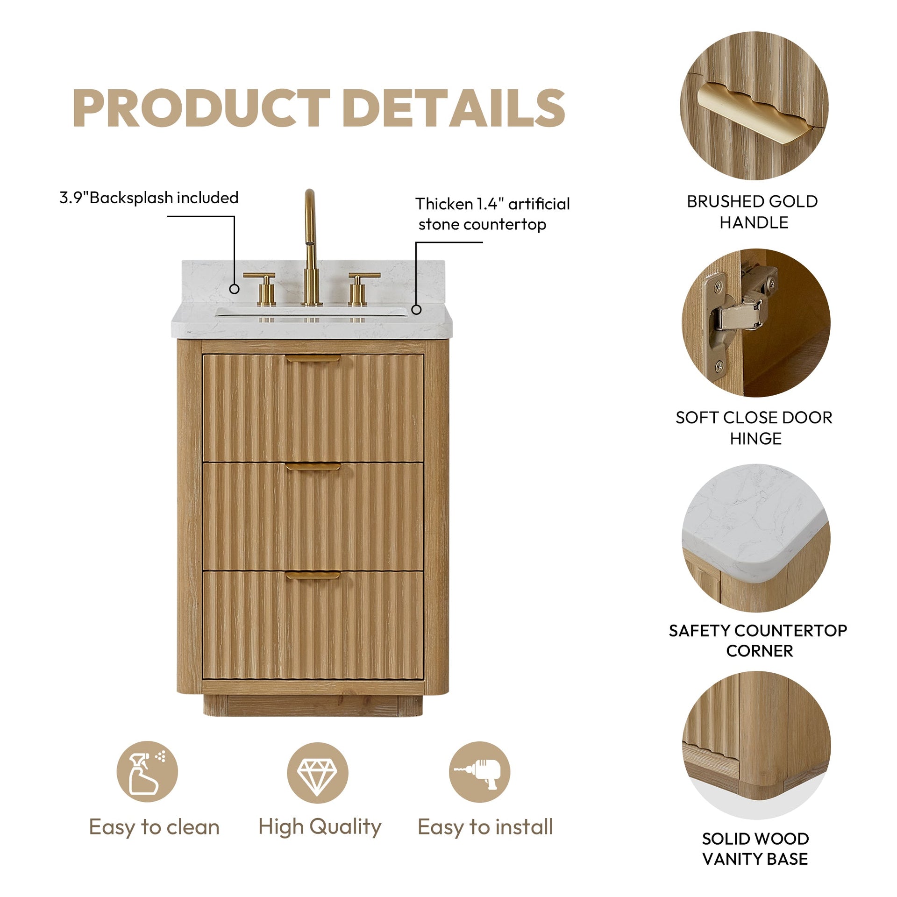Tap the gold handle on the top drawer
coord(313,359)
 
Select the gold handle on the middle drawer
coord(313,467)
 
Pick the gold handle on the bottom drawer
coord(313,575)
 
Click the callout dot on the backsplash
coord(235,289)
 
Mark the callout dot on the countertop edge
coord(416,309)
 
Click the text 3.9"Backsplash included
coord(149,198)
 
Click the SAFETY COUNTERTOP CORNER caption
coord(758,641)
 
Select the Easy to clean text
coord(154,827)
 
